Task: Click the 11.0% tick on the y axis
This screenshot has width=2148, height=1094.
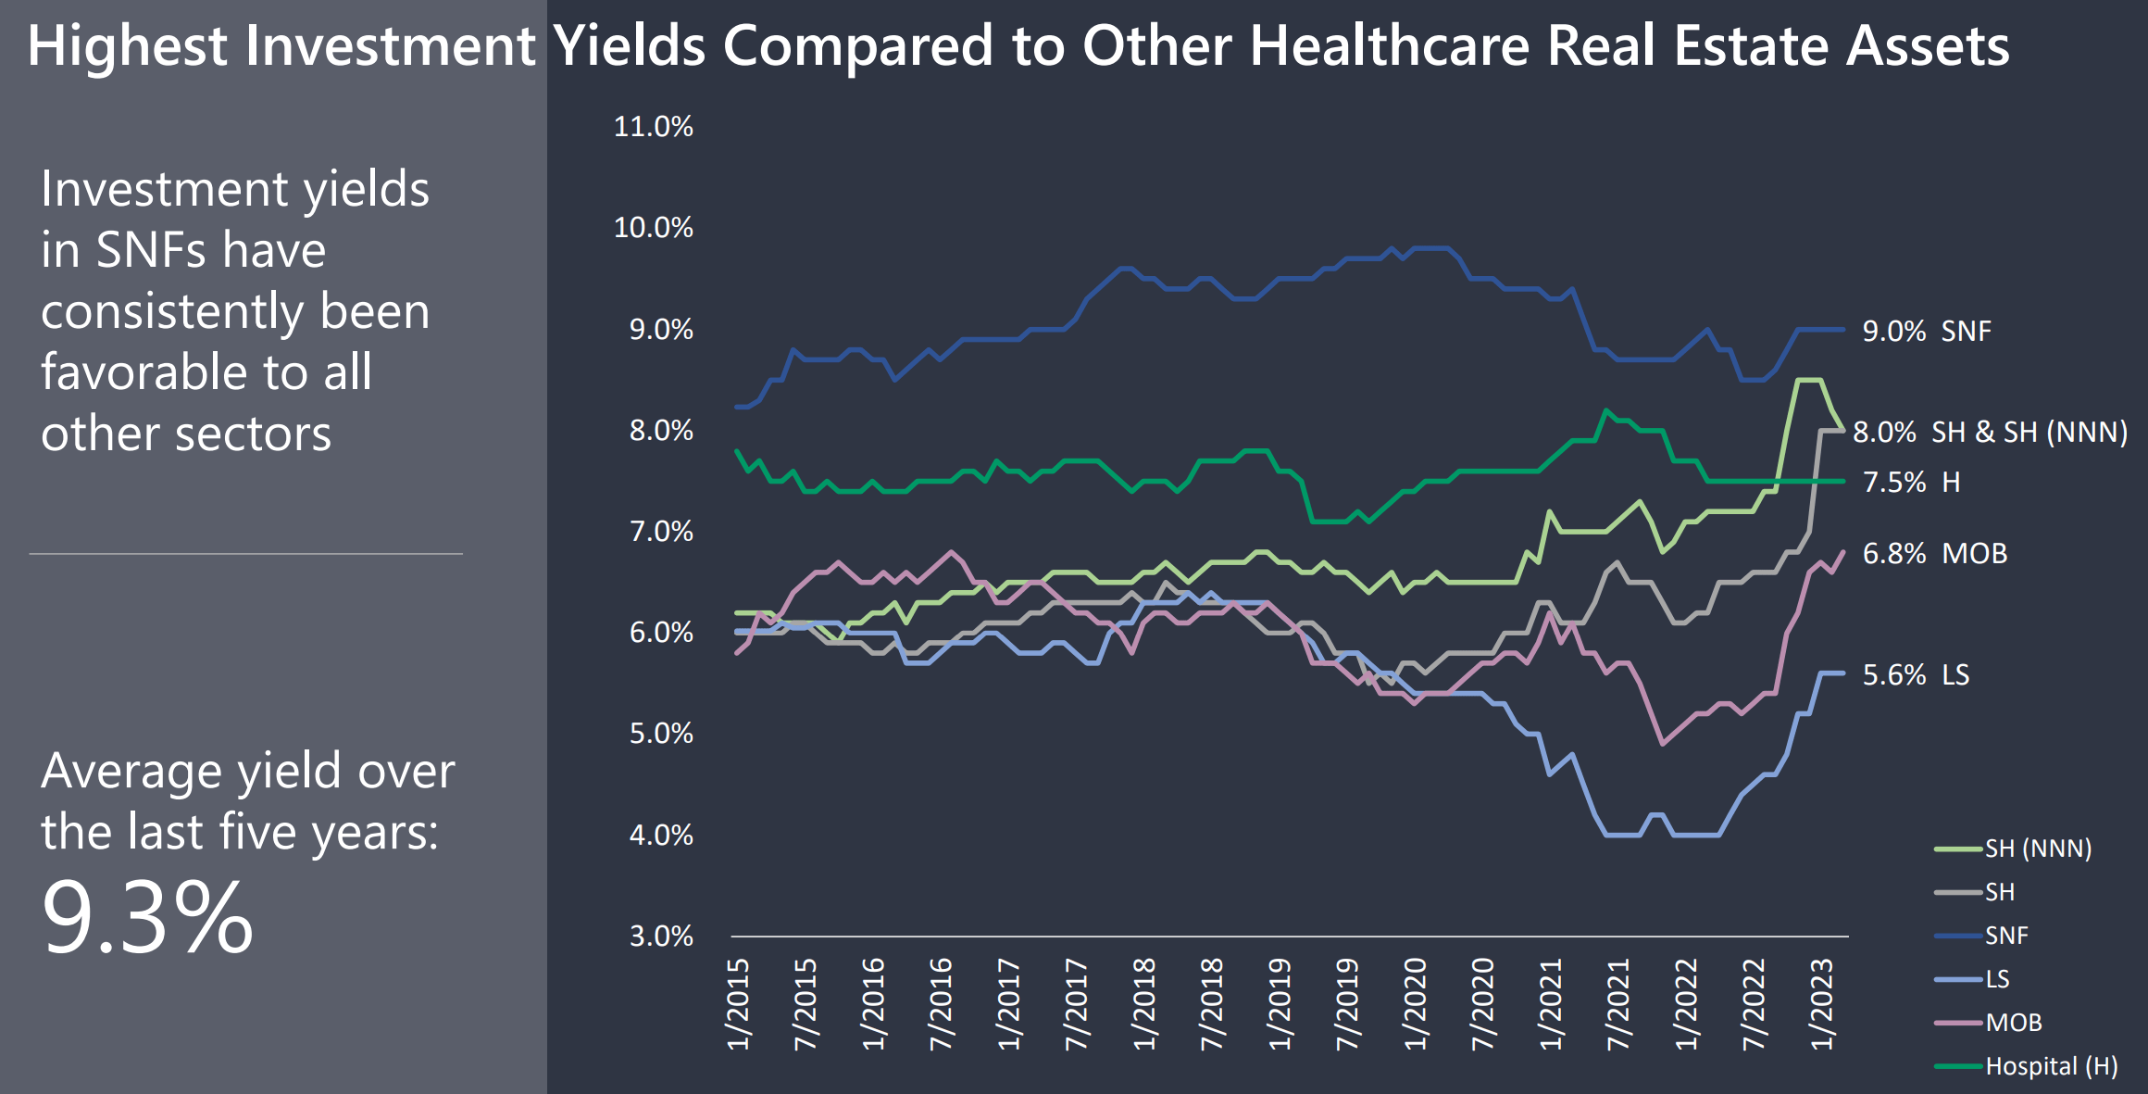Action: [653, 127]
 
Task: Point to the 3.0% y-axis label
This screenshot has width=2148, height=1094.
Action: [661, 937]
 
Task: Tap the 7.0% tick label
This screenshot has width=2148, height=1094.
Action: [661, 532]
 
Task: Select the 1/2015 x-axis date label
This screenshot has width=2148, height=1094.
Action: [739, 1004]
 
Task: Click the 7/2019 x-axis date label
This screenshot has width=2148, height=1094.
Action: [1347, 1004]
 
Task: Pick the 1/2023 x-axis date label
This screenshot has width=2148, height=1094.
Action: [1821, 1004]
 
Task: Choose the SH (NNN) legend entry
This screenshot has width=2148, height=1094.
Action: [2013, 849]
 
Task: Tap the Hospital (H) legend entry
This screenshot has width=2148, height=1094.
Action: [2027, 1066]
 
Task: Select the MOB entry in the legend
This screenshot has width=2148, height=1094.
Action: [1988, 1023]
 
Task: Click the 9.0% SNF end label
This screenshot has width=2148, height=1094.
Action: [1927, 331]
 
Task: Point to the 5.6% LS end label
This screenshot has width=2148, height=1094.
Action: [1916, 674]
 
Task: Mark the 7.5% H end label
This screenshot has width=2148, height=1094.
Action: [1911, 482]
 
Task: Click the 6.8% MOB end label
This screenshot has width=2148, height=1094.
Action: [1935, 553]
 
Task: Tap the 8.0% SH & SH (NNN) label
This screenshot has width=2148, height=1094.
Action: [1991, 432]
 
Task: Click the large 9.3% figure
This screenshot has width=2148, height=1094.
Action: [147, 918]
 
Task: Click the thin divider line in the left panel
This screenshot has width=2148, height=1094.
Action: [246, 554]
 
